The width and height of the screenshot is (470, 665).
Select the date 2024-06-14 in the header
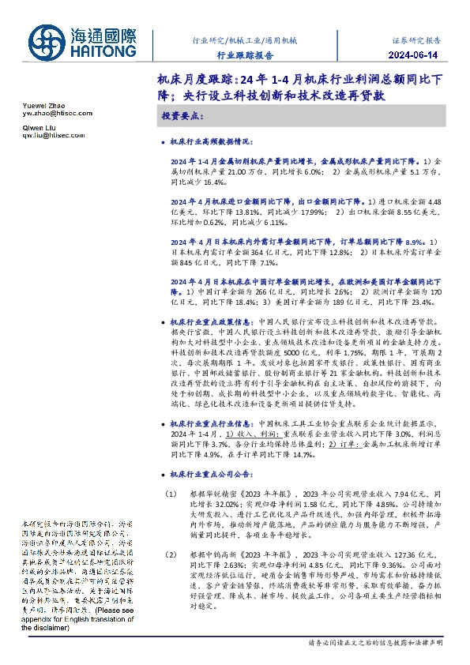pos(419,55)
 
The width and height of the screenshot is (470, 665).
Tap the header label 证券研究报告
pos(419,39)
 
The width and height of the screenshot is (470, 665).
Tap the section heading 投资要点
pos(181,116)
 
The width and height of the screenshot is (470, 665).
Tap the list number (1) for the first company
pos(170,494)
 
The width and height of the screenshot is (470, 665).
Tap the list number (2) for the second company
pos(170,555)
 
